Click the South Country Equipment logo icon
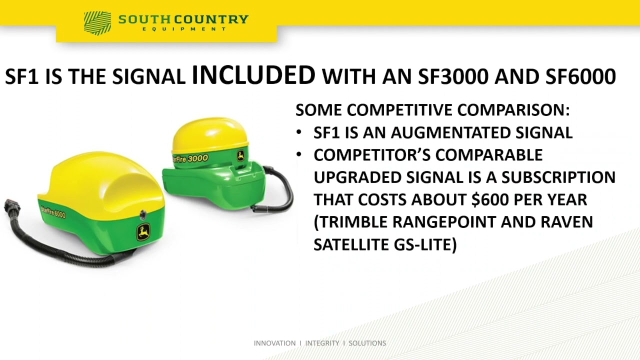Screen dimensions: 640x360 [x=97, y=23]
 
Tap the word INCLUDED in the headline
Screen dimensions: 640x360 [x=253, y=75]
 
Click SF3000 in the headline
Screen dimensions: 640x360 [x=453, y=76]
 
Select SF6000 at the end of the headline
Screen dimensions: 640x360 [x=580, y=76]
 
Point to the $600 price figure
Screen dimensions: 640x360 [x=490, y=199]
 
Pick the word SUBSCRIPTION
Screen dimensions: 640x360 [x=558, y=177]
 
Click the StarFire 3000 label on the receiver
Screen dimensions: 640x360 [x=190, y=158]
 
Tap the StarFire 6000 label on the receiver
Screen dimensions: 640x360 [x=53, y=211]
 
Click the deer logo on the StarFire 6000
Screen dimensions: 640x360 [x=143, y=232]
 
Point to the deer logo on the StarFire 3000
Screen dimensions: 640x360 [x=241, y=156]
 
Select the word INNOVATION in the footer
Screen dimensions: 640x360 [x=274, y=343]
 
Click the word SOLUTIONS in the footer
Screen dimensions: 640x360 [x=367, y=343]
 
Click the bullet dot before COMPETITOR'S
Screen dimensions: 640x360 [x=299, y=154]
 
